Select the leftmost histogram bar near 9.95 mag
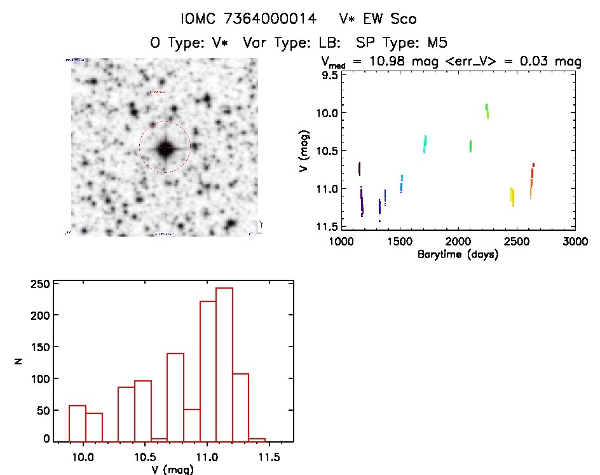pos(78,423)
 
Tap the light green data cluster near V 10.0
pos(487,111)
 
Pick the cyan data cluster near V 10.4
pos(425,144)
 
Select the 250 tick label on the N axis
pos(40,284)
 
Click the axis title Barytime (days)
pos(458,255)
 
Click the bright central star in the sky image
pos(165,148)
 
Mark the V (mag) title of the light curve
pos(307,151)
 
